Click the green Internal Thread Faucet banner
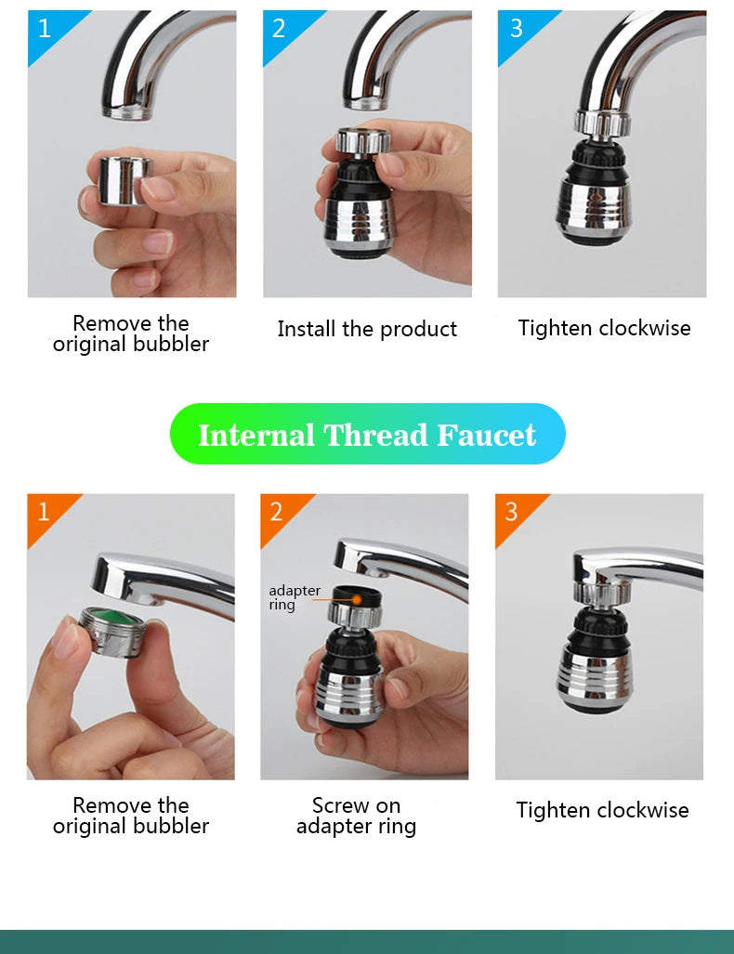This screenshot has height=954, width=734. tap(367, 434)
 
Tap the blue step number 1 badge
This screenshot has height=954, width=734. tap(46, 28)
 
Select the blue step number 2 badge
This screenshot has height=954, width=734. tap(280, 28)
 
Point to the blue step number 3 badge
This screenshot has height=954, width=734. tap(516, 28)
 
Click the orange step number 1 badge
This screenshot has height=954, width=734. tap(44, 511)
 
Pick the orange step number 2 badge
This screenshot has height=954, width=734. tap(277, 511)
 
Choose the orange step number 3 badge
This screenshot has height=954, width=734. tap(512, 511)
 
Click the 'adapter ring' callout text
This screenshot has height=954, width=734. tap(294, 597)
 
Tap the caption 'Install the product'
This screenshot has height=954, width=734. tap(367, 329)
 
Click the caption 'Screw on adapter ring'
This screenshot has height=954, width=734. tap(356, 816)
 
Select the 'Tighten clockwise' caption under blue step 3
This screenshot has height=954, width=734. tap(604, 328)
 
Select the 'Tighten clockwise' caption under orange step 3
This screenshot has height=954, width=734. tap(602, 810)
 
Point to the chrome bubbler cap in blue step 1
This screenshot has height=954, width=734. tap(125, 179)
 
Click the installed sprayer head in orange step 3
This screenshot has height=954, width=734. tap(595, 655)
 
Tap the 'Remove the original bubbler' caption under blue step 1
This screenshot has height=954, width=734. tap(131, 333)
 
